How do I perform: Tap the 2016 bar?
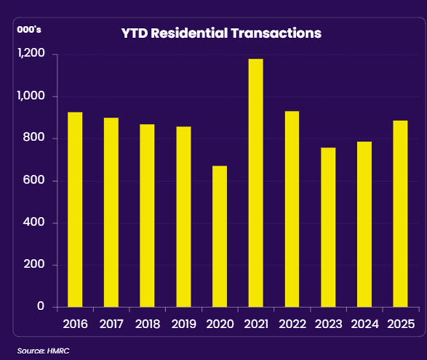(75, 209)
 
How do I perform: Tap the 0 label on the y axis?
(41, 307)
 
